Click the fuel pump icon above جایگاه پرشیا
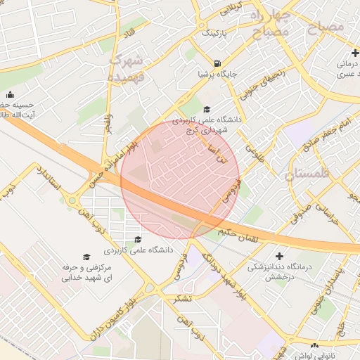(x=222, y=61)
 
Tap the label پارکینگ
(x=215, y=33)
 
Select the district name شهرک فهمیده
(x=127, y=67)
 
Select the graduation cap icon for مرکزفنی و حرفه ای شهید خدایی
(x=86, y=257)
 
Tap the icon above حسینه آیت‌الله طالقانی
(x=10, y=95)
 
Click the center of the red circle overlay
(x=180, y=180)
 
